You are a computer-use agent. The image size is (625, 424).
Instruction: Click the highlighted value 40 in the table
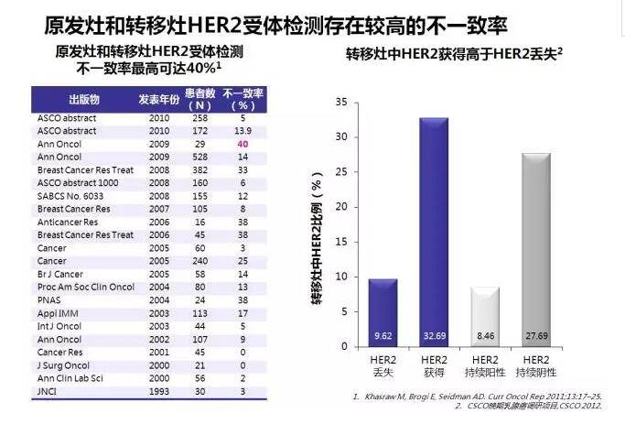243,145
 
